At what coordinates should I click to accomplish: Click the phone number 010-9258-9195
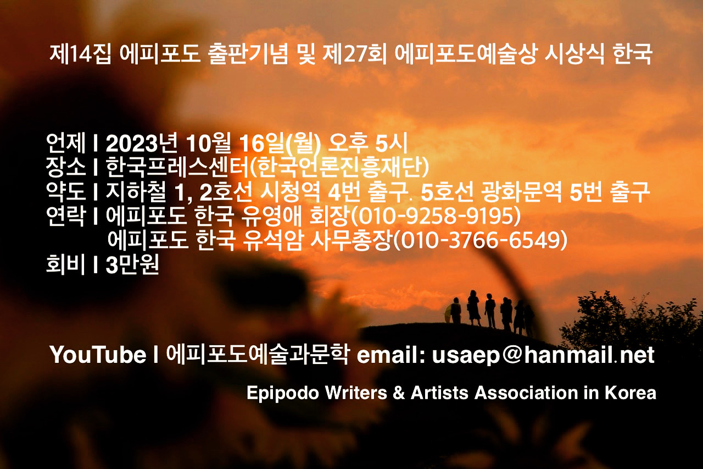(x=435, y=216)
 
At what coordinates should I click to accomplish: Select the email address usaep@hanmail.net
(x=543, y=355)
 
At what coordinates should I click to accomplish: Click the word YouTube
(x=98, y=355)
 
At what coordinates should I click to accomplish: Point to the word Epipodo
(x=283, y=393)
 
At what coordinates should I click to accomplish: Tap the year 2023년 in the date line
(x=142, y=144)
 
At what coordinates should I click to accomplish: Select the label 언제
(x=65, y=144)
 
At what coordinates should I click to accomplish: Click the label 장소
(x=65, y=167)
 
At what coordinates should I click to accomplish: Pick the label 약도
(x=65, y=191)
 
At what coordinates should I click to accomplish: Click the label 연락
(x=65, y=216)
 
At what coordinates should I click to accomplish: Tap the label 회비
(x=65, y=264)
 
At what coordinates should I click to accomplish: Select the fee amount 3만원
(x=132, y=264)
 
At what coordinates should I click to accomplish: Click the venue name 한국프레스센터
(x=178, y=167)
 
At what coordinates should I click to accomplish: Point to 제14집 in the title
(x=80, y=54)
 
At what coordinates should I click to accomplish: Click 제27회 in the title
(x=354, y=54)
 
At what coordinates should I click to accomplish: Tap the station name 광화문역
(x=522, y=191)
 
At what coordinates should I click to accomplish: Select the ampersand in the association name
(x=399, y=393)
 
